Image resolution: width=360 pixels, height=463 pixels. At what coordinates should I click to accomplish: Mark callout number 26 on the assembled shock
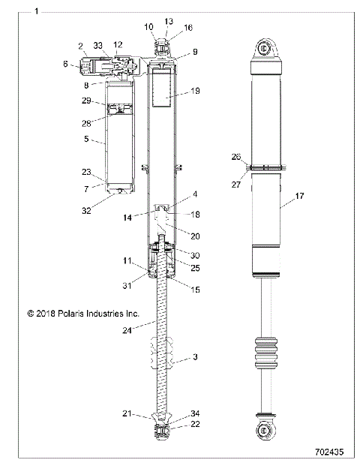237,157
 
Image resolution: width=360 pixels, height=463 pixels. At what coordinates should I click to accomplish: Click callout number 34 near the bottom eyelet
195,413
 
